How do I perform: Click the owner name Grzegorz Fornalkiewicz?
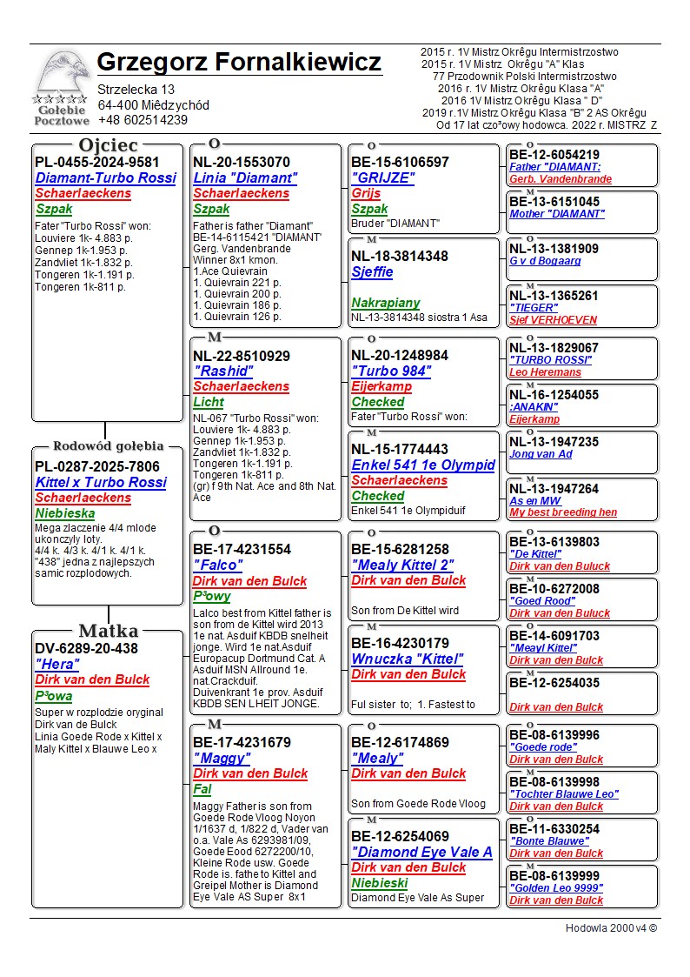239,63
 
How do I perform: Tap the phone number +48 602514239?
143,120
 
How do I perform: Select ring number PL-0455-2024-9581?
97,162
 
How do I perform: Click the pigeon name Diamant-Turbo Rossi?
105,177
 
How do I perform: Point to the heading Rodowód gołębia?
108,446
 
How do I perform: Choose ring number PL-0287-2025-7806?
97,466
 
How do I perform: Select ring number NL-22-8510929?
242,356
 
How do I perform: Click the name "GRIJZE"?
382,177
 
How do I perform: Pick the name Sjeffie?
372,271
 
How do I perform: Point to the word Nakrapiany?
385,303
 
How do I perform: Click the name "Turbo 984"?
391,371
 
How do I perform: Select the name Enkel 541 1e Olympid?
422,465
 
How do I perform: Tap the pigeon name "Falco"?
217,565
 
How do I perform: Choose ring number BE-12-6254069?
400,837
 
